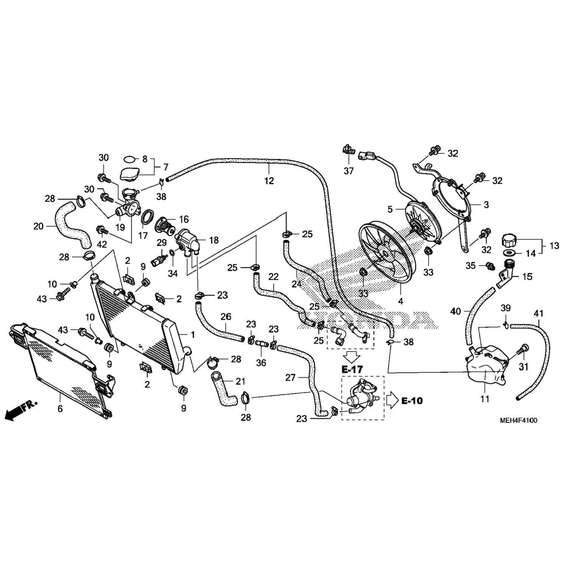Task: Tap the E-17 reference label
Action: tap(352, 368)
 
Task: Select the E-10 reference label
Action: tap(412, 400)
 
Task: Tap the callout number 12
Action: tap(269, 181)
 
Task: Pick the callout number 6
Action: tap(60, 409)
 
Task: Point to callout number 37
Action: tap(348, 171)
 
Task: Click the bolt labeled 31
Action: tap(524, 348)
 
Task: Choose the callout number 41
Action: tap(538, 314)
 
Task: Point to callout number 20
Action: tap(39, 226)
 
